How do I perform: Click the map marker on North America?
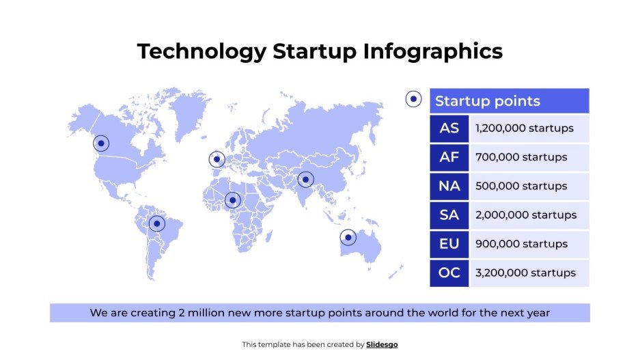101,143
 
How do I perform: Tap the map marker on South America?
157,223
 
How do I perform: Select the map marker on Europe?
217,160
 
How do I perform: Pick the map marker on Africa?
233,200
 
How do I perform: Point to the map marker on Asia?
305,180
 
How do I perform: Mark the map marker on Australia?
348,238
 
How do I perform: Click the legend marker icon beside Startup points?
413,100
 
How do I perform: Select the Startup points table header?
509,101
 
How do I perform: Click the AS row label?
449,128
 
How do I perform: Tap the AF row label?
449,157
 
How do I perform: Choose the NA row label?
449,186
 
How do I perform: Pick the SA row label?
449,215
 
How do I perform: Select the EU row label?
449,244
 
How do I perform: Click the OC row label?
449,273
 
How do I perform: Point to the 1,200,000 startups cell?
529,128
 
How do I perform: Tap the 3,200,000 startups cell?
529,273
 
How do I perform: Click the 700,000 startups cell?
529,157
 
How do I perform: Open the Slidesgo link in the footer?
382,345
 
